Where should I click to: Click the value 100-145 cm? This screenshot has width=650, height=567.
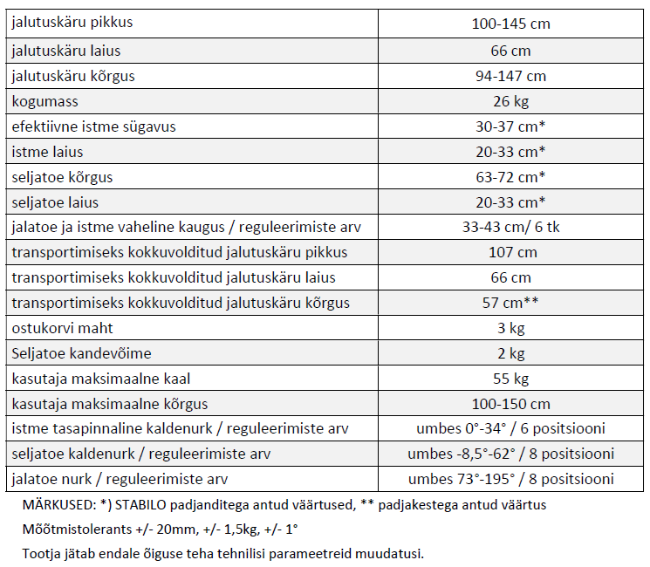(510, 24)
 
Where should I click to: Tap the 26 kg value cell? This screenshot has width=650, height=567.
(510, 101)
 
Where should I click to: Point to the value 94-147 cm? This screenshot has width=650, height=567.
(510, 76)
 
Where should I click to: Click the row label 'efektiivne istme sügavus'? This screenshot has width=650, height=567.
(93, 126)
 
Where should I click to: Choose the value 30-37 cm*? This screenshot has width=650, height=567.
(510, 126)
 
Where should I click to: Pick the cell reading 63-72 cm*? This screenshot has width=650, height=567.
(510, 177)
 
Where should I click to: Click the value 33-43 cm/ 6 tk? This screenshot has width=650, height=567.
(510, 228)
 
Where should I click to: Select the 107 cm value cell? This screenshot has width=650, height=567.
(510, 253)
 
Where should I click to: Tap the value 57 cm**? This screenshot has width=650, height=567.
(510, 304)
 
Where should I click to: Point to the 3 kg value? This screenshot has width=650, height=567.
(510, 329)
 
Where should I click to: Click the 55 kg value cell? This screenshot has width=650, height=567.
(510, 379)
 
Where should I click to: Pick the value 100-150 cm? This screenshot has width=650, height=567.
(510, 405)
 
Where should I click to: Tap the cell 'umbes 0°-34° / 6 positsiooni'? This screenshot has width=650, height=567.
(510, 429)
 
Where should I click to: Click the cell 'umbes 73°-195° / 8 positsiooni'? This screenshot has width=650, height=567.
(510, 479)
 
